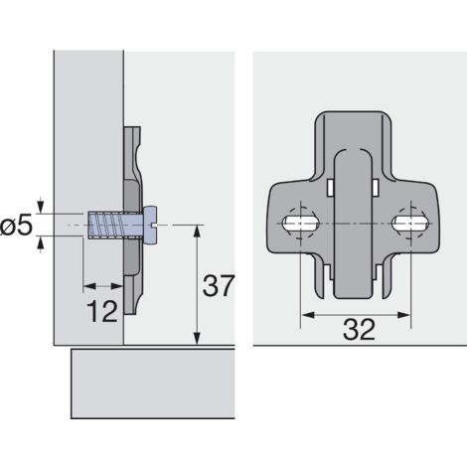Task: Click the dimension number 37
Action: (217, 286)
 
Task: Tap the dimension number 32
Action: (354, 331)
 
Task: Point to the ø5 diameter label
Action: (18, 228)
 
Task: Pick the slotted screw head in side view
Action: (150, 227)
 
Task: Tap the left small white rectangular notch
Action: (327, 186)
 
